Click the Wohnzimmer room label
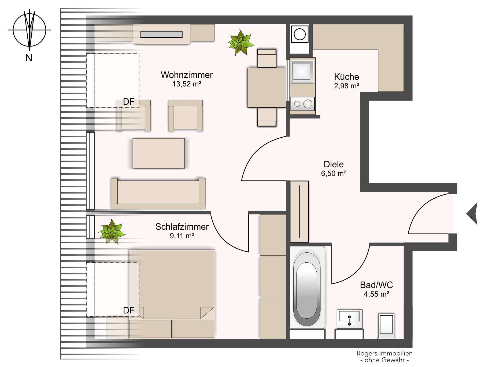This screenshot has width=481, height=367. (x=187, y=75)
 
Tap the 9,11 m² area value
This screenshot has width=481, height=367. (x=182, y=236)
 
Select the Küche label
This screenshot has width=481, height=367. (x=346, y=77)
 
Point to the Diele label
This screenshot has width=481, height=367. (x=334, y=164)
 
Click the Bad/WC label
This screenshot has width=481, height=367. (x=376, y=285)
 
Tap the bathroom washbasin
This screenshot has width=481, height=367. (x=349, y=319)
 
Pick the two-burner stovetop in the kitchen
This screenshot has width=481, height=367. (x=303, y=104)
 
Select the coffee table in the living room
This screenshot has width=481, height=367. (x=159, y=153)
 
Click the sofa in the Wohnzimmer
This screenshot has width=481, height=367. (x=158, y=194)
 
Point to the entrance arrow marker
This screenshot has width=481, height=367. (x=472, y=214)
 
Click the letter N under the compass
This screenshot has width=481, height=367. (x=29, y=58)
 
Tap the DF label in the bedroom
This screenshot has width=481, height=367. (x=128, y=311)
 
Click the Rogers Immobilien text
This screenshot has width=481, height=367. (x=384, y=353)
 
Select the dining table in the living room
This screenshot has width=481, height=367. (x=267, y=88)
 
